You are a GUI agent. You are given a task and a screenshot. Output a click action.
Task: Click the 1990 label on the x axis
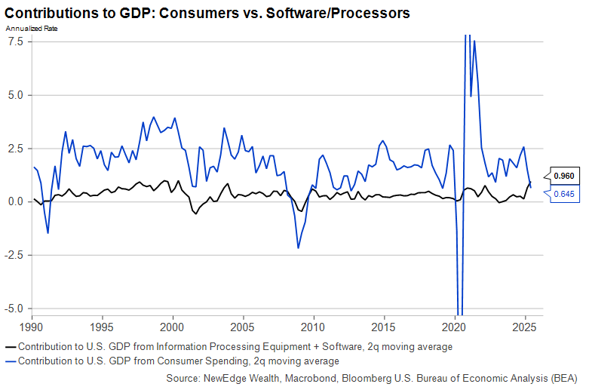click(x=32, y=329)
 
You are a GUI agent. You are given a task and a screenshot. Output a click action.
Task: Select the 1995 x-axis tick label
click(x=103, y=329)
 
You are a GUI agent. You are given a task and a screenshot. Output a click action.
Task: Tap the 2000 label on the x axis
click(x=173, y=329)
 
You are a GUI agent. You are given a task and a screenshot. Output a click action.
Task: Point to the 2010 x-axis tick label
click(x=313, y=329)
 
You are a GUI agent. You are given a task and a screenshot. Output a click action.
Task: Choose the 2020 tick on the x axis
click(x=454, y=329)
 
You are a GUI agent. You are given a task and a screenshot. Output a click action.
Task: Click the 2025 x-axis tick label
click(x=524, y=329)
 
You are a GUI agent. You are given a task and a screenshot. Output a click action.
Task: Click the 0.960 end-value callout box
click(x=565, y=176)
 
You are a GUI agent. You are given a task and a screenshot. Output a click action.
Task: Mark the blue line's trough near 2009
click(x=299, y=247)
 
